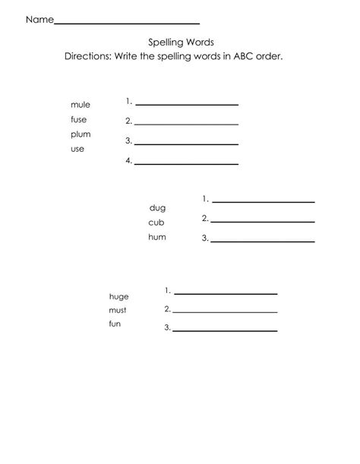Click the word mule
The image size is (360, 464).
click(80, 106)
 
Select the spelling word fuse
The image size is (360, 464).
click(79, 120)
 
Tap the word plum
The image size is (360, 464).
click(81, 134)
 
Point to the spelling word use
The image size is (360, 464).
click(77, 149)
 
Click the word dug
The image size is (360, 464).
click(157, 207)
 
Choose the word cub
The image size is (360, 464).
click(156, 223)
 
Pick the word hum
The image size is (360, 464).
click(157, 237)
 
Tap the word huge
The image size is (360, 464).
click(119, 296)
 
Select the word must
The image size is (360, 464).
click(118, 311)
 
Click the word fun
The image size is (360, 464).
click(115, 325)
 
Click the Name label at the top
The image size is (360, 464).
click(39, 21)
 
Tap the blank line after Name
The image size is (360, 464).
click(127, 24)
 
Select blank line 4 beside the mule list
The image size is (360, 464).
click(186, 163)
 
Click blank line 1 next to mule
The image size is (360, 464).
click(186, 104)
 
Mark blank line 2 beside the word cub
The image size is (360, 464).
click(263, 221)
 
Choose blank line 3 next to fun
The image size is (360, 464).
click(225, 330)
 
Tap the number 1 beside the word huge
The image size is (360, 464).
click(167, 290)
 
